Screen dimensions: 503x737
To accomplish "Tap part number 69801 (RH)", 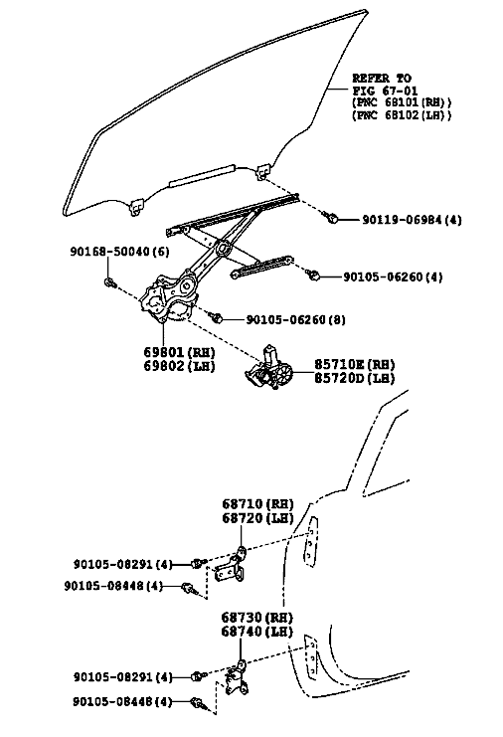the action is pos(179,352).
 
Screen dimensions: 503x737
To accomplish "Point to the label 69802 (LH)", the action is pos(179,366).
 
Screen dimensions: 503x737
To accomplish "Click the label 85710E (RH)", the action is pos(354,364).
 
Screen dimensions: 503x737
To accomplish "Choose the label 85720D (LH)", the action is pos(354,378).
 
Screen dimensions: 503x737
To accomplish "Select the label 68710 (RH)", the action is pos(257,504).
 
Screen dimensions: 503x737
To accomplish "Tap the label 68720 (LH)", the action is pos(257,518).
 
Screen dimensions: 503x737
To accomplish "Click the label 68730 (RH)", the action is pos(256,617).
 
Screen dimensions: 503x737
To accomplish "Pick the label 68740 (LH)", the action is pos(256,632).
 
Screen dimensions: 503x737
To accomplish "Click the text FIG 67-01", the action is pos(385,91).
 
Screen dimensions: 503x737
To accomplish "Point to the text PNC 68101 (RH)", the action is pos(402,102).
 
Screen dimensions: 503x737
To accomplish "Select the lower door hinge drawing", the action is pos(238,679).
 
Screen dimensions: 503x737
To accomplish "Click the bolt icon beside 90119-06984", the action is pos(331,218).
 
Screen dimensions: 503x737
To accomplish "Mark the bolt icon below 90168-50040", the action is pos(110,282).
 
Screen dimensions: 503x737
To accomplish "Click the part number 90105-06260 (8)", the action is pos(296,319).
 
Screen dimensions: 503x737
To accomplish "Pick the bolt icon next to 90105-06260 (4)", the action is pos(313,275).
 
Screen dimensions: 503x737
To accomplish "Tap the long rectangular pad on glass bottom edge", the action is pos(202,175).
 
